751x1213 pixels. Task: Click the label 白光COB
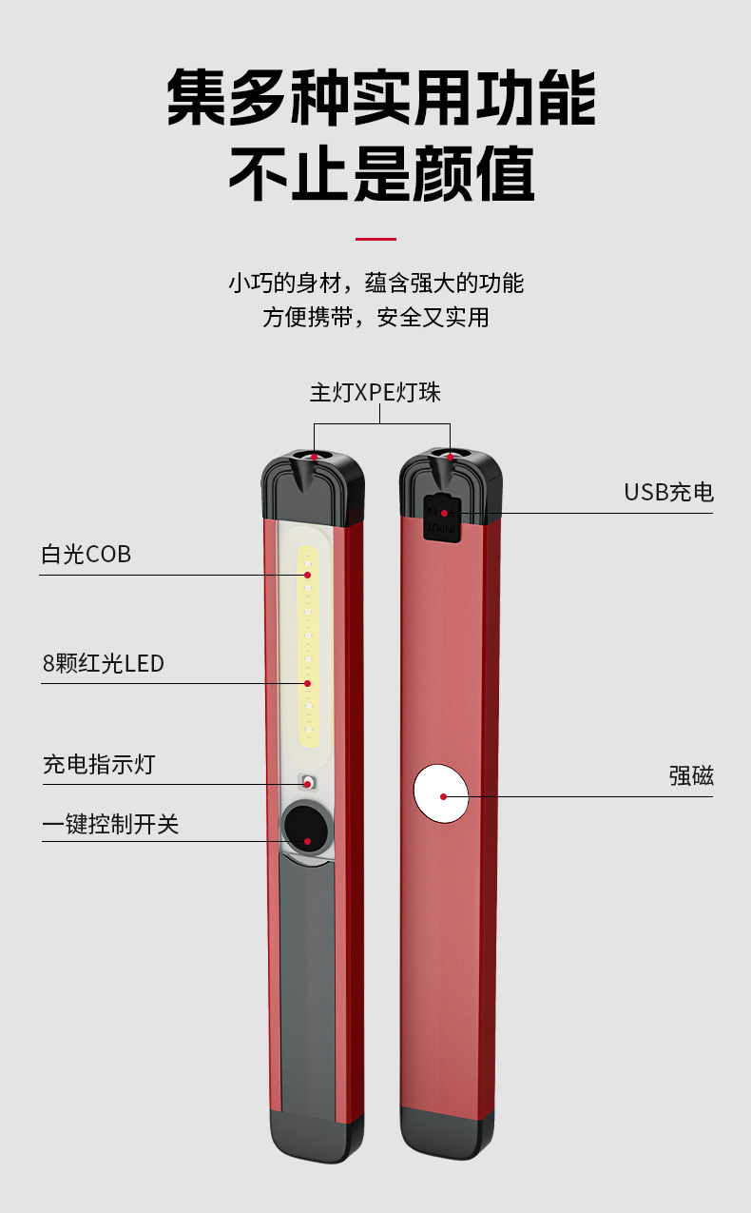(x=86, y=554)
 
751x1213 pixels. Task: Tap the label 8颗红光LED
(x=103, y=663)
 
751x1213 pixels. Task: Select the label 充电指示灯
(x=98, y=764)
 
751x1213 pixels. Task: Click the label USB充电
(x=668, y=492)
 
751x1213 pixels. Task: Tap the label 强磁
(x=690, y=776)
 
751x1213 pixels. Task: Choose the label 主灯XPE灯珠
(x=375, y=392)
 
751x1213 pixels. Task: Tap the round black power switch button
(x=306, y=826)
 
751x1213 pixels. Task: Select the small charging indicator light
(x=307, y=783)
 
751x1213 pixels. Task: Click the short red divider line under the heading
(x=375, y=239)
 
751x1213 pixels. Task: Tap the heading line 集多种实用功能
(x=380, y=98)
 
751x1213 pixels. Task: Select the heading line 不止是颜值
(x=380, y=174)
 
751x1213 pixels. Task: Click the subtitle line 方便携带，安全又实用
(x=375, y=318)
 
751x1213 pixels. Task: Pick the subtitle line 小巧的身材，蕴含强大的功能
(x=375, y=283)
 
